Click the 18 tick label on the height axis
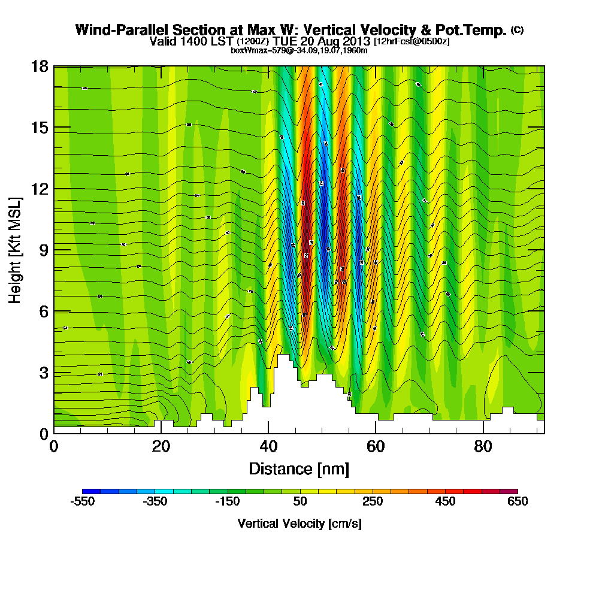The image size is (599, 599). click(x=40, y=66)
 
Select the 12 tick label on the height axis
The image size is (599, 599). click(x=40, y=189)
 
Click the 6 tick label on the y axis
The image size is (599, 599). click(x=43, y=311)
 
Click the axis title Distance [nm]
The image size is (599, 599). click(x=299, y=468)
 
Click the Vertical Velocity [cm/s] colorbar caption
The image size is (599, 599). click(x=299, y=524)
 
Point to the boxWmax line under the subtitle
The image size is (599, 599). click(x=299, y=50)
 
